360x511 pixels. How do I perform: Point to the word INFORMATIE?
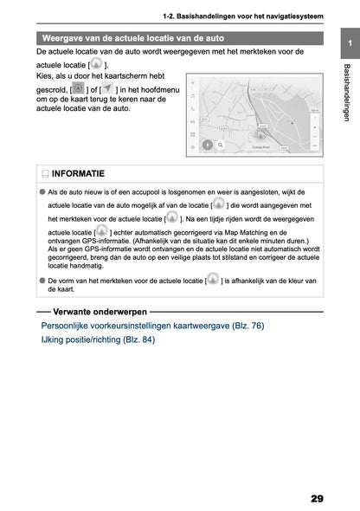click(78, 174)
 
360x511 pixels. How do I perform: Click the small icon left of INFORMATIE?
click(43, 174)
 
